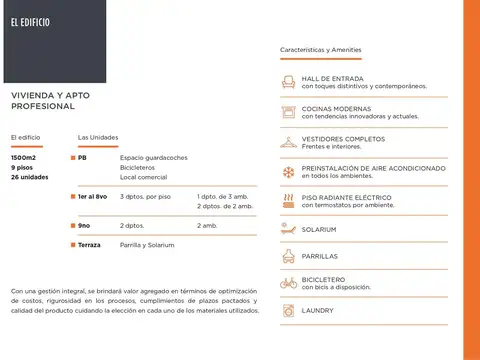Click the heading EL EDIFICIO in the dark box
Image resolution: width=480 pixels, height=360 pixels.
30,21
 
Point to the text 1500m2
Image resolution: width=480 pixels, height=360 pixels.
24,157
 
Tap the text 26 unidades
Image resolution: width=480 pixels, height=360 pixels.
29,177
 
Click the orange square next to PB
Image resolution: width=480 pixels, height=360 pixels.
72,158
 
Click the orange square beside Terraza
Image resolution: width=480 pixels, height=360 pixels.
72,245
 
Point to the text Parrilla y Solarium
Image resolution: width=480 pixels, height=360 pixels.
147,245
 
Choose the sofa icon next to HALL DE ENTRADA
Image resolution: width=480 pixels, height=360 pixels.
288,82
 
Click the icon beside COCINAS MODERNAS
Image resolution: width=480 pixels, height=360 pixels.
288,112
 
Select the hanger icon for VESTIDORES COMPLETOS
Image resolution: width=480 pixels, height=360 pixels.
288,142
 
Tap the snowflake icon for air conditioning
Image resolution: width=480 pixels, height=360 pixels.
288,172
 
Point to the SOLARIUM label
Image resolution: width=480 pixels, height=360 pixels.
322,229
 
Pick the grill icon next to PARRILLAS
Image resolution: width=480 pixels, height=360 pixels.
288,256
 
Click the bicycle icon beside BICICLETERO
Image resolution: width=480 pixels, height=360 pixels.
288,283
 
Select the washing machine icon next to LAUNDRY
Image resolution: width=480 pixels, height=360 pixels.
288,310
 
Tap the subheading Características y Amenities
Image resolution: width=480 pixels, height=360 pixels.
320,49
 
